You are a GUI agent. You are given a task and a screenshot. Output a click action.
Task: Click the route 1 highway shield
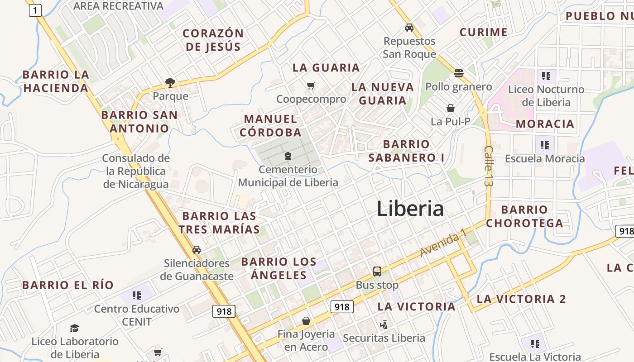(35, 10)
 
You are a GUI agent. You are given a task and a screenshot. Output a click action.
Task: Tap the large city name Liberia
(410, 209)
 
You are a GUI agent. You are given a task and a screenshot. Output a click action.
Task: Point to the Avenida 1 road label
(443, 243)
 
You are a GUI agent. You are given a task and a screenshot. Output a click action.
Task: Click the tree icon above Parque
(170, 82)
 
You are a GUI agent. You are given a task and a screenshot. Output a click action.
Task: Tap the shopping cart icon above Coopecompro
(311, 86)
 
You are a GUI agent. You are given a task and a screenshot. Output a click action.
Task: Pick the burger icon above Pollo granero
(459, 73)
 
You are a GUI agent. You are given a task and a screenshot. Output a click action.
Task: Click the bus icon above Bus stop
(377, 271)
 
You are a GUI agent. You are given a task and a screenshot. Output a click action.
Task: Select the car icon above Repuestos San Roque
(409, 28)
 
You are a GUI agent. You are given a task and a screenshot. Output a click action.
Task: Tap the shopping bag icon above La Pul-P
(451, 108)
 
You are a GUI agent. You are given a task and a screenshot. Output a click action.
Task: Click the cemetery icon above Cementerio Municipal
(288, 157)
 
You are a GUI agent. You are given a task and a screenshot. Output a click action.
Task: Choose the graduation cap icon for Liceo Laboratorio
(74, 328)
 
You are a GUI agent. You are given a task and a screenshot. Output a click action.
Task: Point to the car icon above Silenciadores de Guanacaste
(197, 249)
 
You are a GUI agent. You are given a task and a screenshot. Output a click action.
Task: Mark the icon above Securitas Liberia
(384, 324)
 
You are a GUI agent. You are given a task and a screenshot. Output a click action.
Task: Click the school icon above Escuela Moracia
(545, 145)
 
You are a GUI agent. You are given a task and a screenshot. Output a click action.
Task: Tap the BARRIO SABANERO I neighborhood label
(406, 151)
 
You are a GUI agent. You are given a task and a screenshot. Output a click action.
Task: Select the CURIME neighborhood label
(483, 32)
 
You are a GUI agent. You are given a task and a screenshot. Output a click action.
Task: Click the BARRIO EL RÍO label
(68, 285)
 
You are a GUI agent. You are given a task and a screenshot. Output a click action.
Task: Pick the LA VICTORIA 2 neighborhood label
(521, 299)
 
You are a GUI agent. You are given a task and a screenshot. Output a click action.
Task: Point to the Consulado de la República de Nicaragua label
(136, 171)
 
